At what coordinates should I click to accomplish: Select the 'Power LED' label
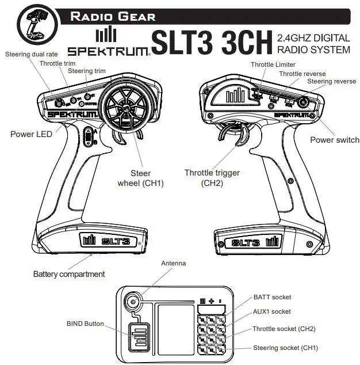point(31,134)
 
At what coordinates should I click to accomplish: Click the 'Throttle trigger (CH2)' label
point(212,178)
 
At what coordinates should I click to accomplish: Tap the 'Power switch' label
point(334,140)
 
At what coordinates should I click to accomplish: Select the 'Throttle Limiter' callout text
point(274,65)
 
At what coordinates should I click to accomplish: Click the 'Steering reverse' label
point(331,82)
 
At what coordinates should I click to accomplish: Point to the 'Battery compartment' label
point(69,274)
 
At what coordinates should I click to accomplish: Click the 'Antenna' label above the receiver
point(173,263)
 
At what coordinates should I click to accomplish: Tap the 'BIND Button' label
point(86,324)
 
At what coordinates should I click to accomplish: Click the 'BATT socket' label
point(272,298)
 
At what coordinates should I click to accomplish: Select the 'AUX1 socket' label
point(272,311)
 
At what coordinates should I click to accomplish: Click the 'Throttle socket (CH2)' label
point(284,329)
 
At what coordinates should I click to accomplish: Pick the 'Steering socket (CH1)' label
point(285,348)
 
